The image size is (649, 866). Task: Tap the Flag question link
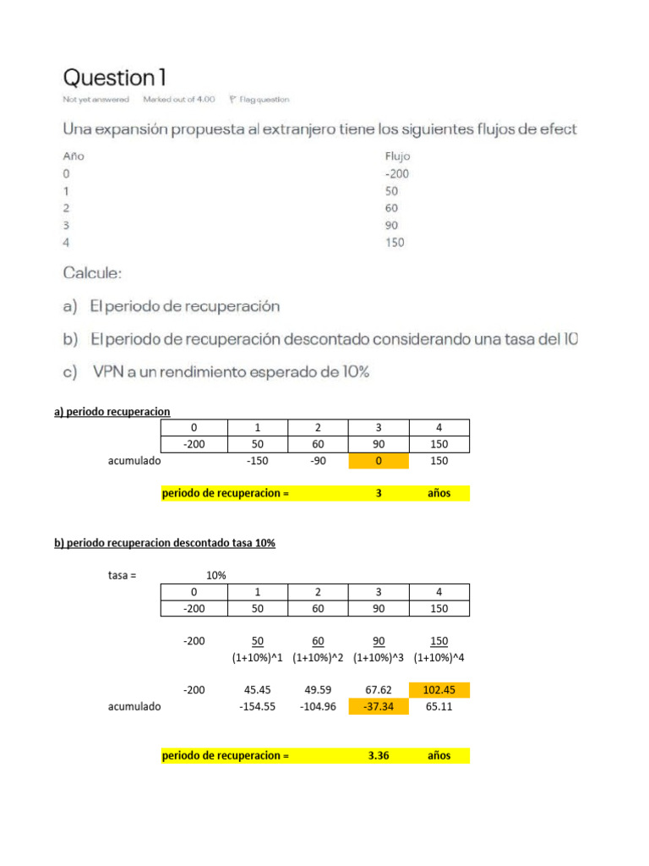click(x=259, y=100)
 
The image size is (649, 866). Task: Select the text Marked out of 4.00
click(x=179, y=100)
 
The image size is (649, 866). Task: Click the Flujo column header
click(x=397, y=156)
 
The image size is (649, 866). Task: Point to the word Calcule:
click(x=92, y=274)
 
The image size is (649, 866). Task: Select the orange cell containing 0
click(x=379, y=461)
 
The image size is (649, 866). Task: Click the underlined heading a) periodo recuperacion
click(x=112, y=412)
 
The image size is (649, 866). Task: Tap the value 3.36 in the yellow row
click(x=378, y=755)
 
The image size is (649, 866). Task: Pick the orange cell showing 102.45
click(x=439, y=690)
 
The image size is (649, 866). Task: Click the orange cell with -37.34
click(x=379, y=706)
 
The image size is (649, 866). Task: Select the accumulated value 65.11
click(x=439, y=706)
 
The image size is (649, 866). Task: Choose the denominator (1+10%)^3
click(x=379, y=657)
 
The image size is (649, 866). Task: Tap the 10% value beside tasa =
click(x=215, y=575)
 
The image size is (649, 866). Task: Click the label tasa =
click(x=123, y=575)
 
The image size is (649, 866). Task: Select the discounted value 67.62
click(x=378, y=690)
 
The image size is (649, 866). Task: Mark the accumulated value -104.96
click(x=318, y=706)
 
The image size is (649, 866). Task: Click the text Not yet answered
click(x=95, y=100)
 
